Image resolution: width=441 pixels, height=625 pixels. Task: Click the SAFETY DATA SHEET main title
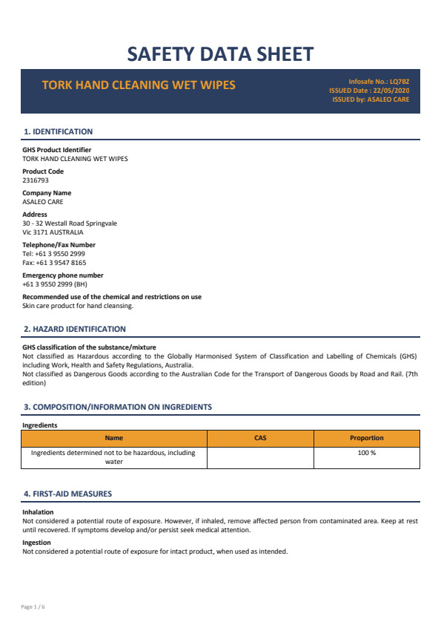point(220,53)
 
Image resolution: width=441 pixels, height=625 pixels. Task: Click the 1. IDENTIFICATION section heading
point(59,131)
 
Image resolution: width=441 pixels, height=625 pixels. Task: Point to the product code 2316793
point(36,180)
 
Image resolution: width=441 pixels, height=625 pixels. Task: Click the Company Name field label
point(47,193)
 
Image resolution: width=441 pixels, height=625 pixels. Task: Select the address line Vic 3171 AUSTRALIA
point(53,232)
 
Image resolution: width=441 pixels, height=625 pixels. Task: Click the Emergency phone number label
point(63,275)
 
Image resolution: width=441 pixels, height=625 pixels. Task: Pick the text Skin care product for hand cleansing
point(78,306)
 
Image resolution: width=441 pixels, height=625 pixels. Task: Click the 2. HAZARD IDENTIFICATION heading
point(75,329)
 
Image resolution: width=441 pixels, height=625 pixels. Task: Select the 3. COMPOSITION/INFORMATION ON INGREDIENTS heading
point(118,407)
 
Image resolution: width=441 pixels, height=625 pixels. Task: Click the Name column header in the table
point(114,438)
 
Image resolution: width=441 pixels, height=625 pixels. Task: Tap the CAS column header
point(260,438)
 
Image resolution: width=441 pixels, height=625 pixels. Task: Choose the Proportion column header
point(367,438)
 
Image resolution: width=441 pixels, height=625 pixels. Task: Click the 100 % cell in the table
point(367,453)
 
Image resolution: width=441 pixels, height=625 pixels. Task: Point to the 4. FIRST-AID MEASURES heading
point(68,494)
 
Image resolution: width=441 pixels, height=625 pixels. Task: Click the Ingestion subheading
point(36,543)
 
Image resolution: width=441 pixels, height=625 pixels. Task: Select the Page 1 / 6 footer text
point(33,607)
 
